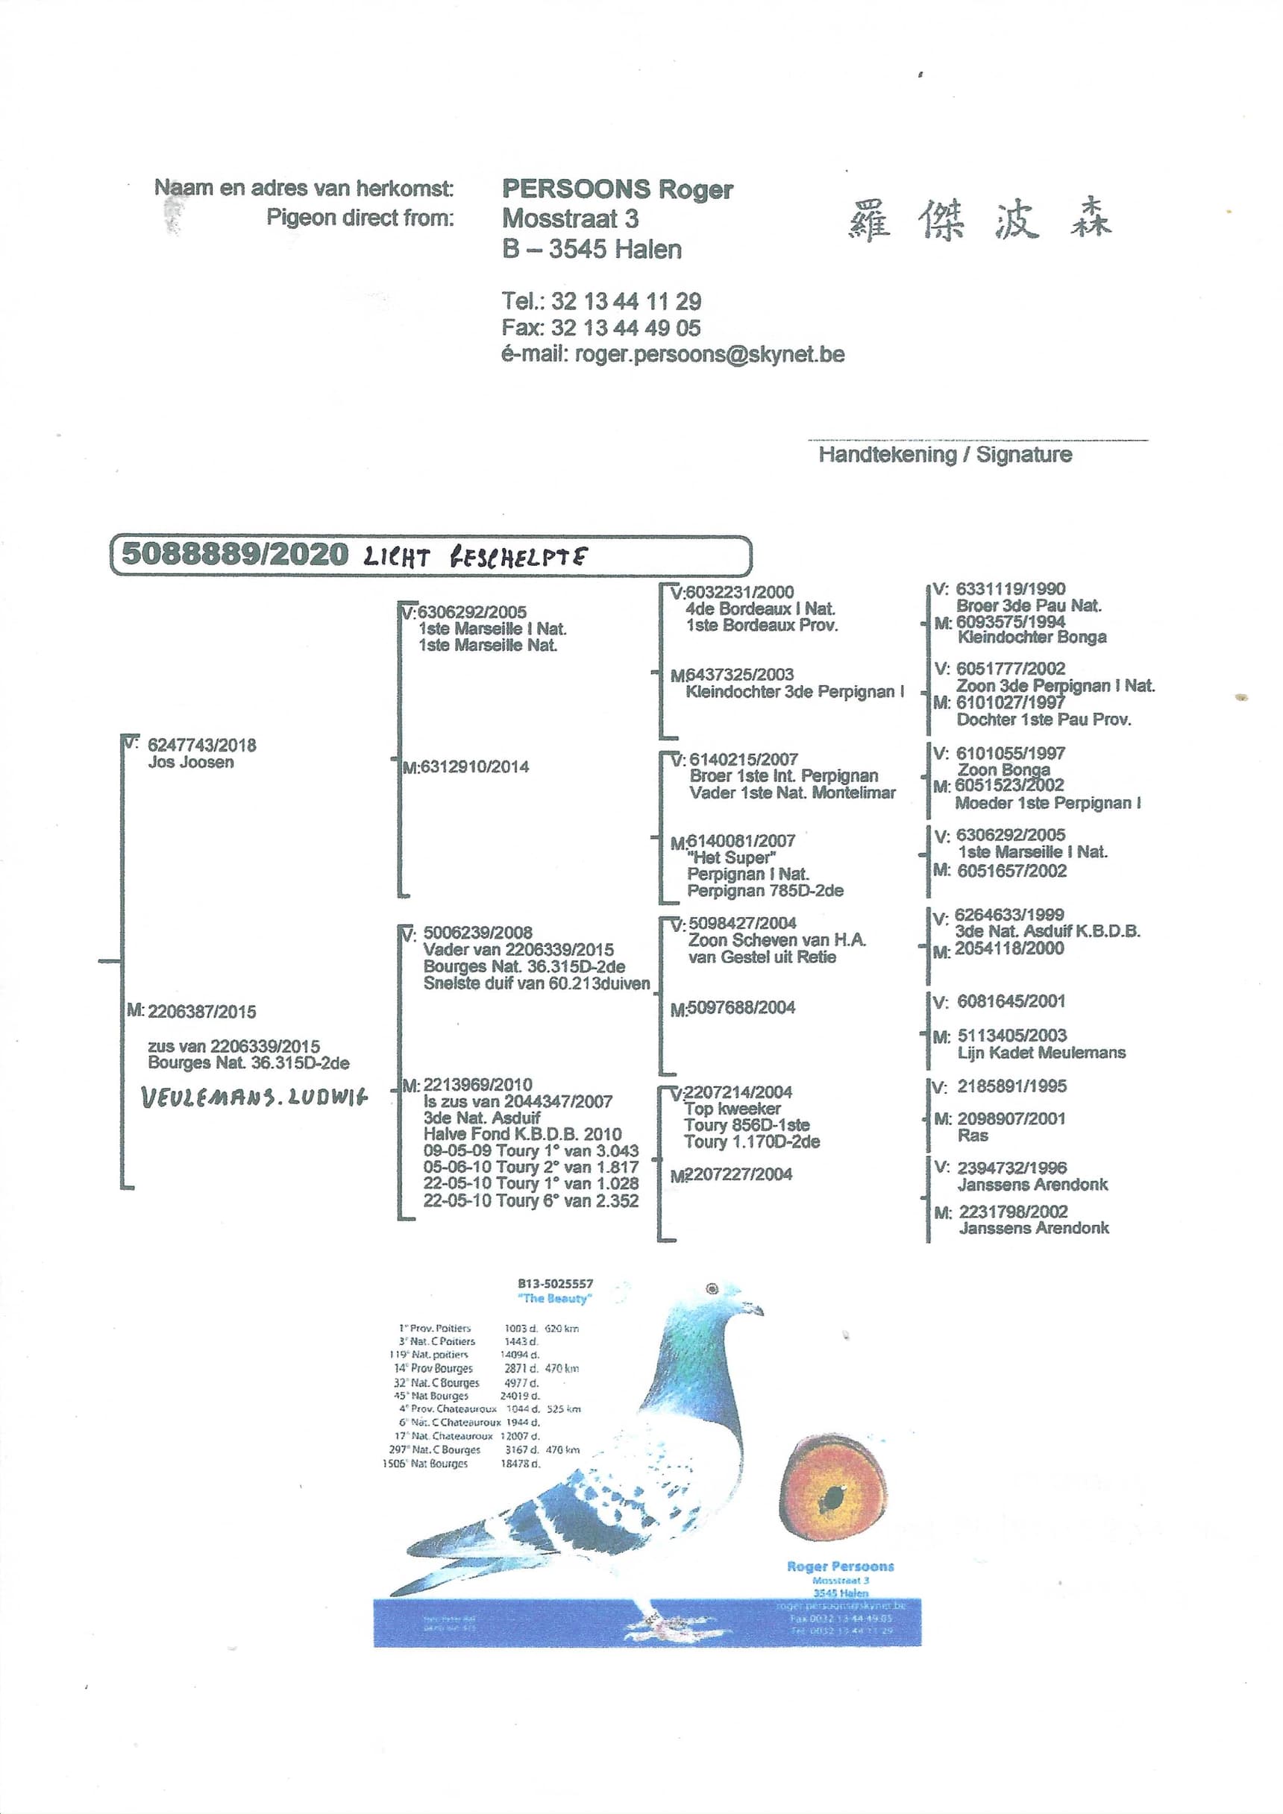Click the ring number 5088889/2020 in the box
pyautogui.click(x=234, y=555)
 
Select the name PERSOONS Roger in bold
pyautogui.click(x=618, y=189)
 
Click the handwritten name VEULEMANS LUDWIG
pyautogui.click(x=254, y=1098)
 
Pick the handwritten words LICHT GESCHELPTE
pyautogui.click(x=475, y=557)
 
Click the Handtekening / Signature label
pyautogui.click(x=944, y=455)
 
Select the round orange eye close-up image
pyautogui.click(x=832, y=1487)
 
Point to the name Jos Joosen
pyautogui.click(x=190, y=763)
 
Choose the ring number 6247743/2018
pyautogui.click(x=201, y=745)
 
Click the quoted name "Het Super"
pyautogui.click(x=731, y=858)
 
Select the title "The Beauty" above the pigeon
pyautogui.click(x=555, y=1298)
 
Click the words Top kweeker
pyautogui.click(x=733, y=1109)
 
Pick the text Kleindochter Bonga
pyautogui.click(x=1032, y=637)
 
